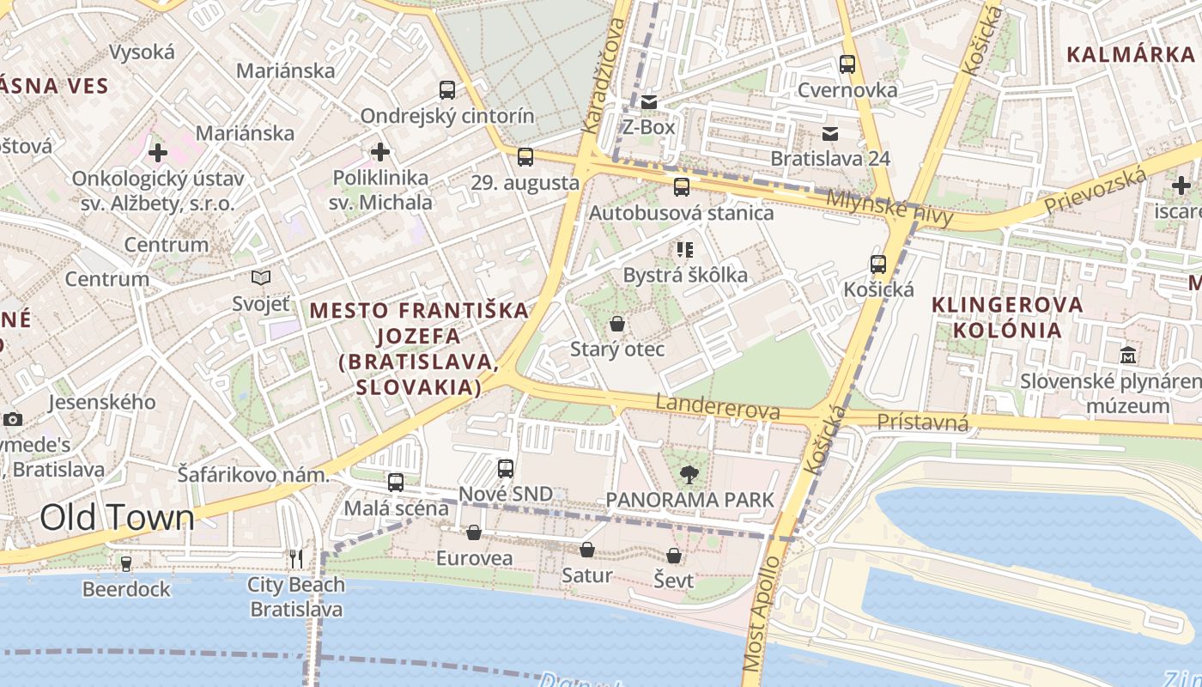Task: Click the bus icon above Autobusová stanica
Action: (x=682, y=186)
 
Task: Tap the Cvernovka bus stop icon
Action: (x=847, y=64)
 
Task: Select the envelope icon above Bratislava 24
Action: (x=830, y=133)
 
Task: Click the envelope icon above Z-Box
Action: (x=649, y=102)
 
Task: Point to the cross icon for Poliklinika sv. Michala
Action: (x=379, y=153)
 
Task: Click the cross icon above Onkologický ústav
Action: (x=157, y=154)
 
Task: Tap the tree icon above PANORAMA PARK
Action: (x=689, y=474)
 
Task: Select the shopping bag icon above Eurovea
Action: (x=474, y=532)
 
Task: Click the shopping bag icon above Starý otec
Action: (x=616, y=324)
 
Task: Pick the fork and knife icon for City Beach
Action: (x=296, y=559)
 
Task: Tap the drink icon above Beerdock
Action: (x=126, y=563)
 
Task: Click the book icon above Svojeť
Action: (x=261, y=277)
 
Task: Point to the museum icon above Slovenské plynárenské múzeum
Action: (x=1128, y=354)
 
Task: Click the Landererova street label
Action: (x=718, y=407)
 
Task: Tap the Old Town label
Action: (x=118, y=518)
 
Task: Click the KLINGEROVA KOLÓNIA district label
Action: (x=1008, y=317)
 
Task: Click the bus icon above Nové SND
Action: (x=506, y=468)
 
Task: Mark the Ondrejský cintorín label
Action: (x=446, y=116)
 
